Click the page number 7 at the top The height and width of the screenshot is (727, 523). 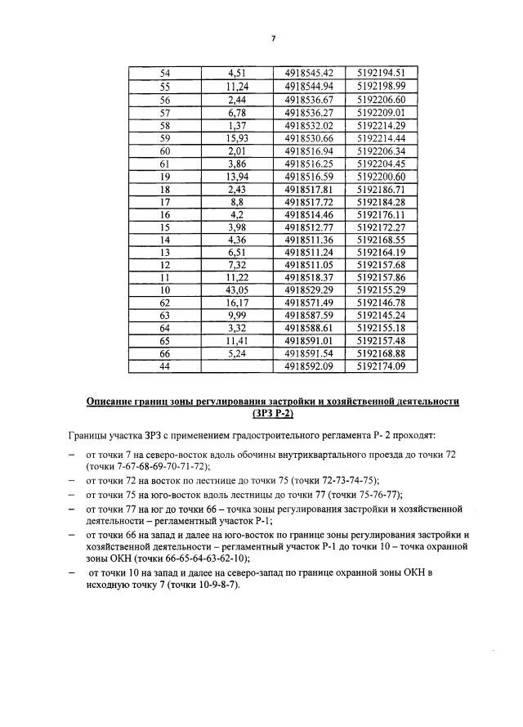(274, 38)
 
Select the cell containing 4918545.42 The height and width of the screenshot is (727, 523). (309, 73)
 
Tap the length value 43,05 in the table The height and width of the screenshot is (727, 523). (237, 290)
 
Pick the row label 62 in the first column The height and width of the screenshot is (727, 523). (165, 303)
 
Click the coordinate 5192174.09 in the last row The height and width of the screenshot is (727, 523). (381, 366)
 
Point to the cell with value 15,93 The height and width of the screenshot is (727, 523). (237, 139)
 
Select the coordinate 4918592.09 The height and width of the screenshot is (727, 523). (309, 366)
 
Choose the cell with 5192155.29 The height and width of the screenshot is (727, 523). (381, 290)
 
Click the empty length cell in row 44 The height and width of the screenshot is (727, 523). (237, 366)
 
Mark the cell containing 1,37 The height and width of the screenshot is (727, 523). (237, 126)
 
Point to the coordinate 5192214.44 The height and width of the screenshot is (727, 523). (381, 139)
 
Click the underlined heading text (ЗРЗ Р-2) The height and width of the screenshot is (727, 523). (273, 414)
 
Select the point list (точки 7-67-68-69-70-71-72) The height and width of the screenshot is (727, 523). (148, 465)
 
